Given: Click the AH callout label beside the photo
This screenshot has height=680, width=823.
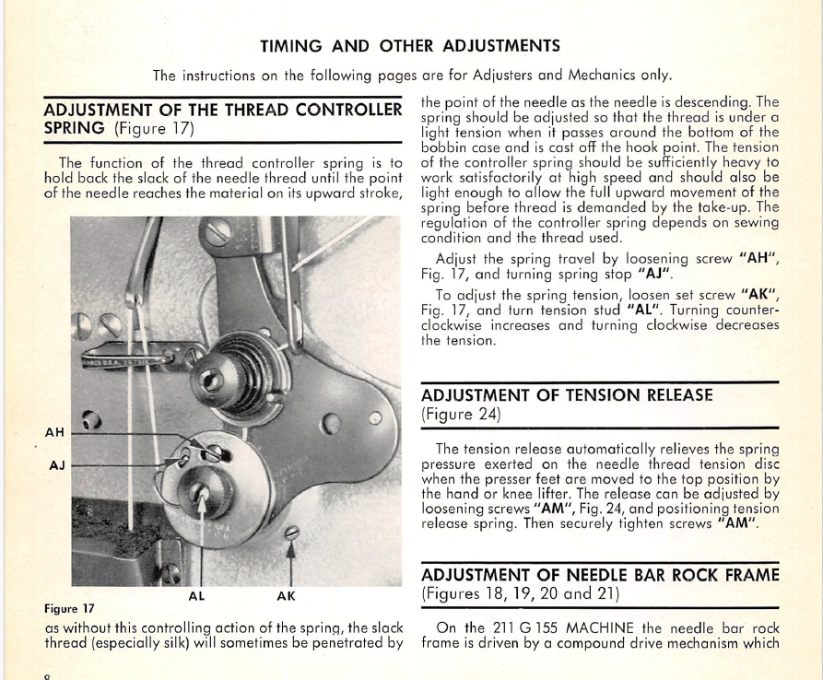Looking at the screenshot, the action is tap(54, 432).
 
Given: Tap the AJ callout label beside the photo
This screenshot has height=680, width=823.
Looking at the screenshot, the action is tap(57, 465).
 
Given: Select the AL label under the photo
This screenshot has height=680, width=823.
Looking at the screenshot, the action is tap(197, 596).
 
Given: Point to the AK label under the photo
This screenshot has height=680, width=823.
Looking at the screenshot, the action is tap(286, 596).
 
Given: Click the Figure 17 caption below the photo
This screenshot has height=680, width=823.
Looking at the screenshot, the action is tap(70, 609).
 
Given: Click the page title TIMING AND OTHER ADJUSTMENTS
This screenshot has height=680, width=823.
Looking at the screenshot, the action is tap(410, 46).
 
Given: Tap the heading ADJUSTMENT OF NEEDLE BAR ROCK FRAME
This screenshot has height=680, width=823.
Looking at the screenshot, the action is tap(600, 575).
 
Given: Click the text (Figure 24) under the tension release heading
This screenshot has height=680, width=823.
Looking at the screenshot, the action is tap(461, 415).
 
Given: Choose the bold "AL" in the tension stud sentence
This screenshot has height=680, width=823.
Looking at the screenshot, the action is tap(644, 310).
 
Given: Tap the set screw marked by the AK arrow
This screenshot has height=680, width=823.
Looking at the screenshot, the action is tap(292, 533).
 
